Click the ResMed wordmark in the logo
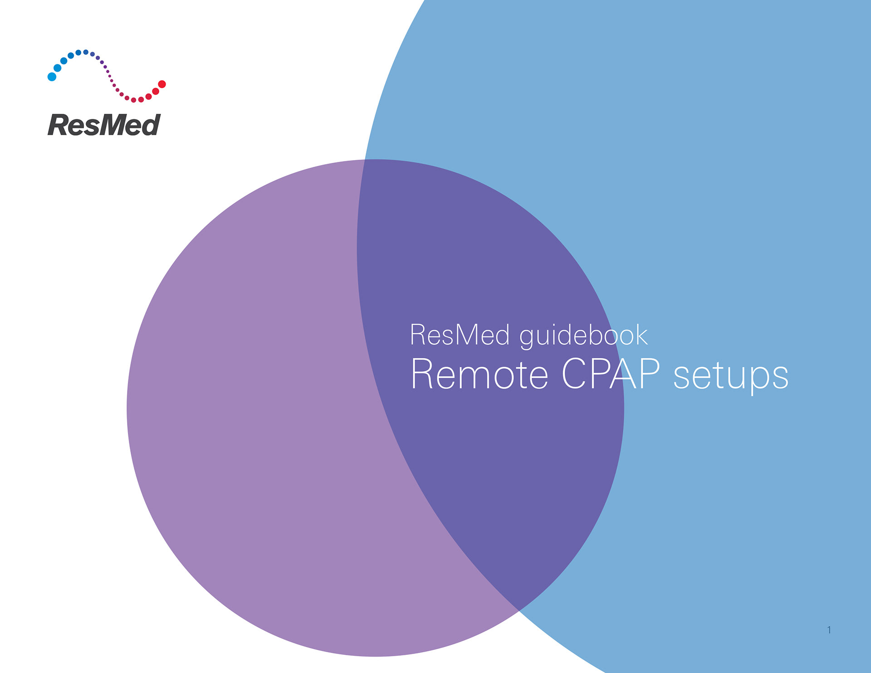click(x=104, y=125)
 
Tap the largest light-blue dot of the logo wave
click(x=52, y=77)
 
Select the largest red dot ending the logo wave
click(x=162, y=84)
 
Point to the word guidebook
click(x=583, y=336)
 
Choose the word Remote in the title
click(x=479, y=375)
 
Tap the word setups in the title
click(x=731, y=376)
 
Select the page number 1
click(x=829, y=630)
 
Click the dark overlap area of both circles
click(x=490, y=454)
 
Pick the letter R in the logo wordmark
click(x=58, y=125)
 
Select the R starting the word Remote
click(x=422, y=374)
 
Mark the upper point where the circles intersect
click(x=365, y=160)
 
